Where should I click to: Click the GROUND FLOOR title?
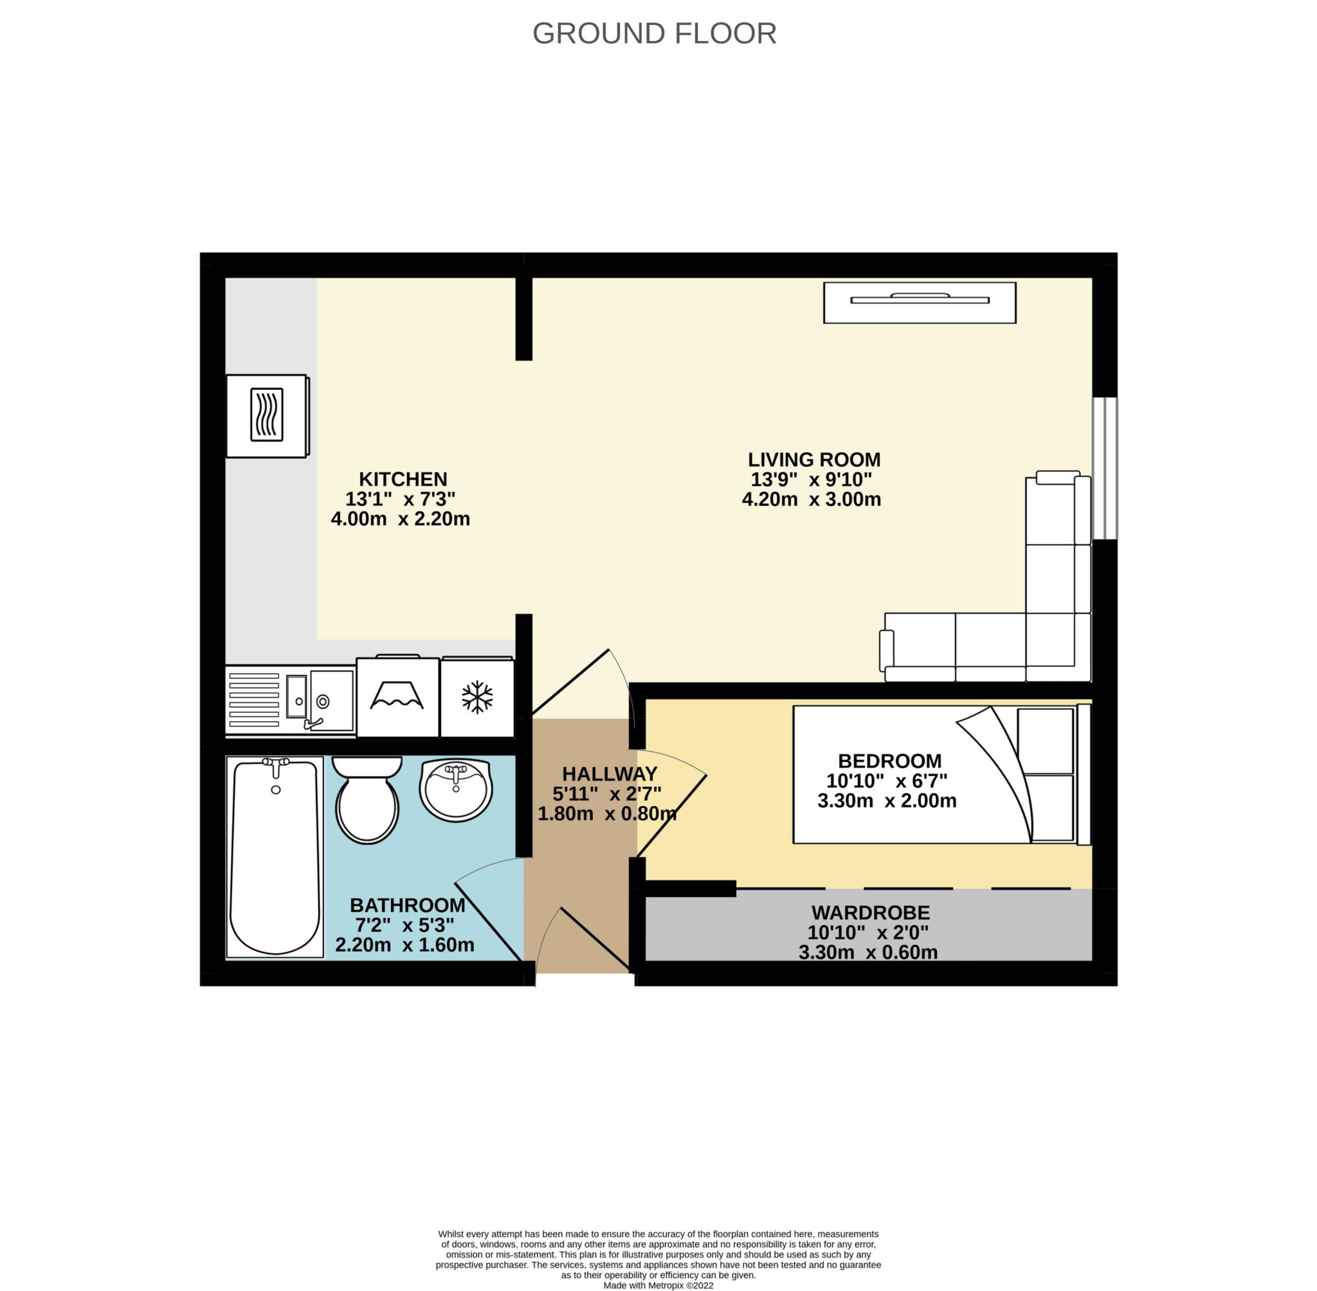point(654,34)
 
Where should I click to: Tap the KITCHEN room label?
point(403,480)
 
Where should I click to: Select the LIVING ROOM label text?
point(813,460)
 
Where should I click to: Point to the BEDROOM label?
point(890,761)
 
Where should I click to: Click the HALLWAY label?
point(610,773)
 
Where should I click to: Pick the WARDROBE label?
point(871,913)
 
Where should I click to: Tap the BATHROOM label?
point(408,905)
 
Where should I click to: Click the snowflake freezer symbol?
point(477,697)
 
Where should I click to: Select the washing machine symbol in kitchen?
point(397,696)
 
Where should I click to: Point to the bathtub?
point(275,858)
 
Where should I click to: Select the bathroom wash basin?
point(456,790)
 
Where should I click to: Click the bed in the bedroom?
point(942,774)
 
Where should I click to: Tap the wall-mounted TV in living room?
point(920,302)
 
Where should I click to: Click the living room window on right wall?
point(1105,469)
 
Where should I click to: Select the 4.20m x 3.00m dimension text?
point(811,500)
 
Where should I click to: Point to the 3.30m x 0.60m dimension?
point(868,953)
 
